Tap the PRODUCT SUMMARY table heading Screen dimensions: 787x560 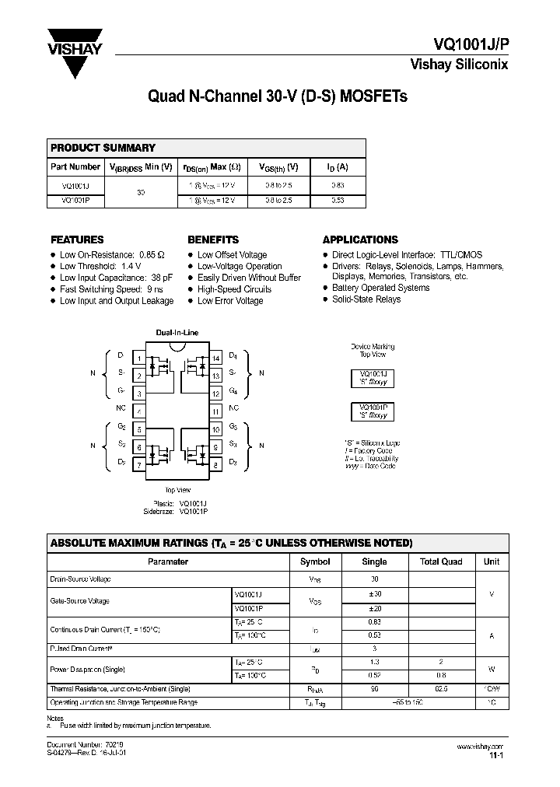[x=103, y=148]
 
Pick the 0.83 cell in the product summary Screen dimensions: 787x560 [x=337, y=186]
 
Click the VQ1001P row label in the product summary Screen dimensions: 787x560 [x=75, y=200]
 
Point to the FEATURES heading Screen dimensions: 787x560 [x=77, y=240]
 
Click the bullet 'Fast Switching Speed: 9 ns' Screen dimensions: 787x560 [x=110, y=289]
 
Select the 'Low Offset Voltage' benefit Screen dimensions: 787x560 [x=232, y=255]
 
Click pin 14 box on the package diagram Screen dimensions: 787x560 [x=215, y=359]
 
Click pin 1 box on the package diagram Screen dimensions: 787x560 [x=138, y=359]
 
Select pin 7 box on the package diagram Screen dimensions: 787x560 [x=138, y=465]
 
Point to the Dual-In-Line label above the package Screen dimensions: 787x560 [x=177, y=333]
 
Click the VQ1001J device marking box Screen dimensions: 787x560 [x=373, y=377]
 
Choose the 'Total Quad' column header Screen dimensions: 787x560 [x=441, y=561]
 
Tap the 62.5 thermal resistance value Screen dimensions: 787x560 [x=441, y=689]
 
